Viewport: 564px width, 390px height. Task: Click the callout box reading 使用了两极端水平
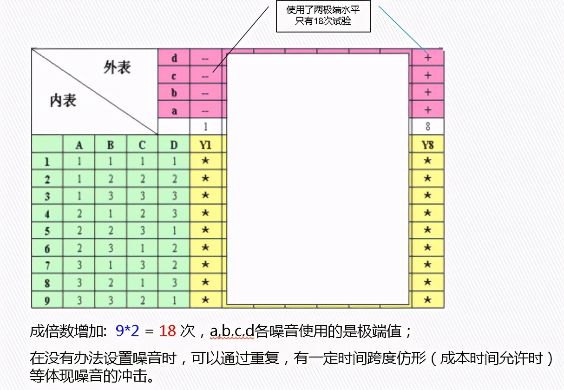pyautogui.click(x=323, y=16)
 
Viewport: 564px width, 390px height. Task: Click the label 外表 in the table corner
pyautogui.click(x=117, y=68)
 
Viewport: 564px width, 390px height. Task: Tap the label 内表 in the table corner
pyautogui.click(x=63, y=100)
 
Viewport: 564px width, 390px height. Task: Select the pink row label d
pyautogui.click(x=174, y=58)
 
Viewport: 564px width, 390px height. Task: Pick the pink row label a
pyautogui.click(x=174, y=110)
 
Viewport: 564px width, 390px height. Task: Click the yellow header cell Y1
pyautogui.click(x=205, y=145)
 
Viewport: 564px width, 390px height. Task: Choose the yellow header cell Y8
pyautogui.click(x=427, y=145)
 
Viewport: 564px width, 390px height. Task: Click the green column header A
pyautogui.click(x=79, y=145)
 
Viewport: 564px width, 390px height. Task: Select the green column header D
pyautogui.click(x=174, y=145)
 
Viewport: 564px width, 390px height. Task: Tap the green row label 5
pyautogui.click(x=47, y=231)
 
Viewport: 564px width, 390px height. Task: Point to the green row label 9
pyautogui.click(x=47, y=300)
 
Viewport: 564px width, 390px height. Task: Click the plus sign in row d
pyautogui.click(x=427, y=58)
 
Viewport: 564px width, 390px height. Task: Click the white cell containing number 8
pyautogui.click(x=427, y=126)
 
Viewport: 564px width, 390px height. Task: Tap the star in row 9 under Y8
pyautogui.click(x=427, y=300)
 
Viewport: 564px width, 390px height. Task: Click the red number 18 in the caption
pyautogui.click(x=167, y=331)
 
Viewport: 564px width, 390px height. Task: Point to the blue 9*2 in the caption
pyautogui.click(x=127, y=331)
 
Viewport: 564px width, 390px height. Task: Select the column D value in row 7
pyautogui.click(x=174, y=266)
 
